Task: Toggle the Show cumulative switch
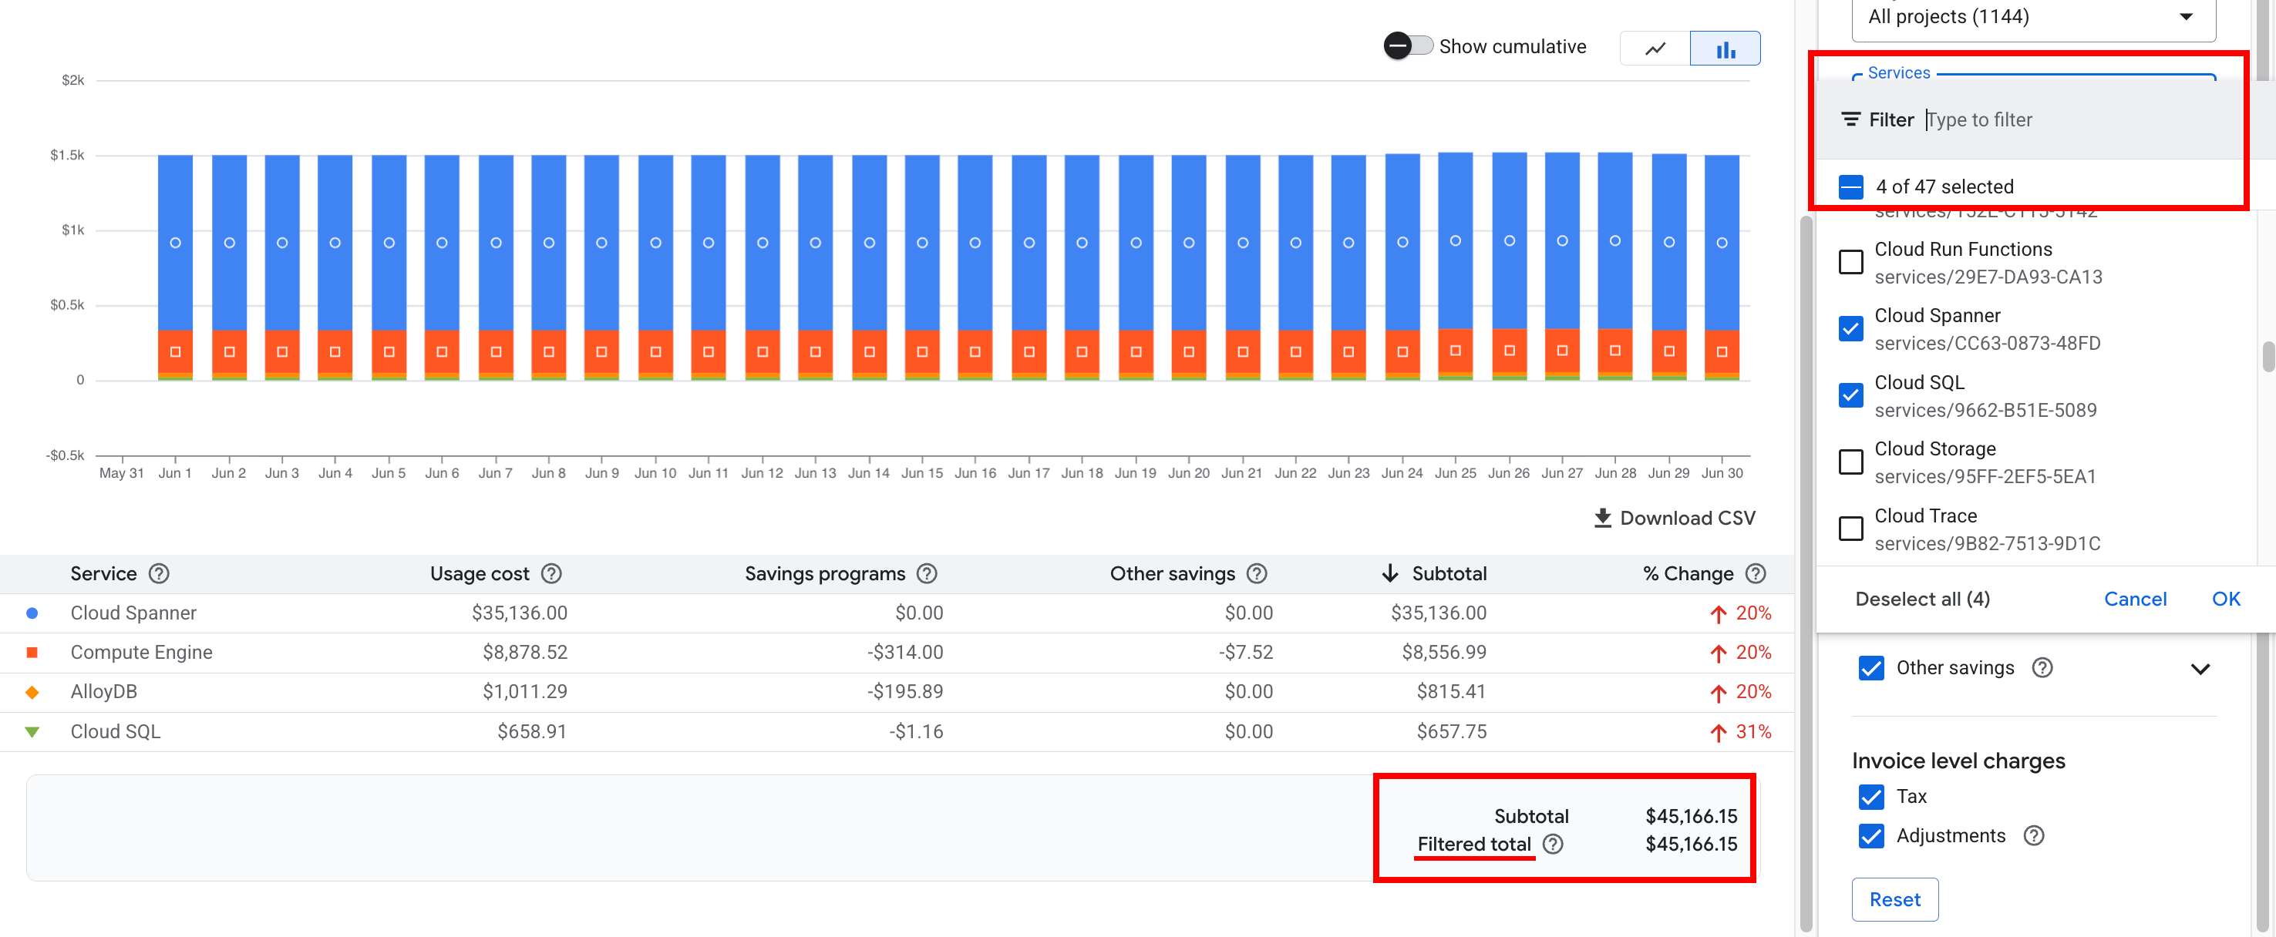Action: point(1409,46)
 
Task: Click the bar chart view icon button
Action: point(1724,49)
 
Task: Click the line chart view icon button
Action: point(1655,49)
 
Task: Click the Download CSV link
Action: point(1675,519)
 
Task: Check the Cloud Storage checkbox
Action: point(1850,462)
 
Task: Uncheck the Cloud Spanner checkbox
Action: point(1850,328)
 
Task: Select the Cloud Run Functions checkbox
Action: point(1850,262)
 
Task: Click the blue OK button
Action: point(2225,599)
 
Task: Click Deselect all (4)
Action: point(1921,599)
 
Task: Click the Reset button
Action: point(1894,899)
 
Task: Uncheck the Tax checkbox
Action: point(1870,797)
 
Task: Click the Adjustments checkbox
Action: point(1870,836)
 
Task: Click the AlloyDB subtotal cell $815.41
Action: point(1451,691)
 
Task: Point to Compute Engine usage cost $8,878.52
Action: point(525,652)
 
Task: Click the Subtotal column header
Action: point(1448,574)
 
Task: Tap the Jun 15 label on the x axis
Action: point(921,473)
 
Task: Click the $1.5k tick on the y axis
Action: point(67,156)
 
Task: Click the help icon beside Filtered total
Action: point(1552,845)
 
